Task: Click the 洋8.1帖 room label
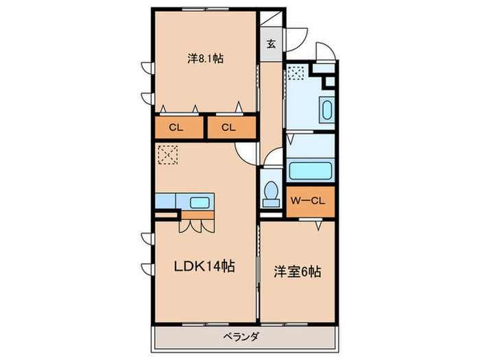[x=205, y=59]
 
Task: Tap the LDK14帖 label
[x=199, y=267]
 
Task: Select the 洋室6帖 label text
[x=296, y=272]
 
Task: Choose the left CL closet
[x=176, y=127]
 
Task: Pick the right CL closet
[x=229, y=127]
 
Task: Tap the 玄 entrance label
[x=271, y=45]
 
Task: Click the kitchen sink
[x=200, y=202]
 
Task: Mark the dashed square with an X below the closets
[x=167, y=156]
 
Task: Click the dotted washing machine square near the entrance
[x=296, y=72]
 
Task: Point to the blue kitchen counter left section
[x=165, y=202]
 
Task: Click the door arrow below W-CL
[x=319, y=224]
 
